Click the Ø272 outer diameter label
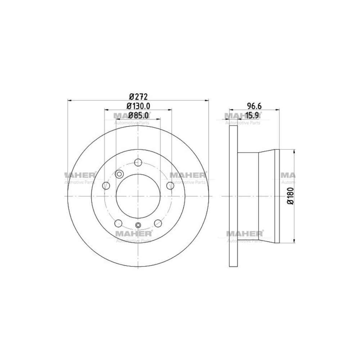[x=138, y=96]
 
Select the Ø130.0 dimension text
[x=138, y=106]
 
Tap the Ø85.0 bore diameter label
[x=138, y=115]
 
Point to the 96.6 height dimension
[x=254, y=106]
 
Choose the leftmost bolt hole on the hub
[x=106, y=186]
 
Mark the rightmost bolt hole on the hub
[x=170, y=186]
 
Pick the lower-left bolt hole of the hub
[x=118, y=224]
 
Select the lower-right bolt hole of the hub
[x=158, y=224]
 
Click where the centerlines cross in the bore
[x=138, y=196]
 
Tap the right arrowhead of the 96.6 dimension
[x=278, y=109]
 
